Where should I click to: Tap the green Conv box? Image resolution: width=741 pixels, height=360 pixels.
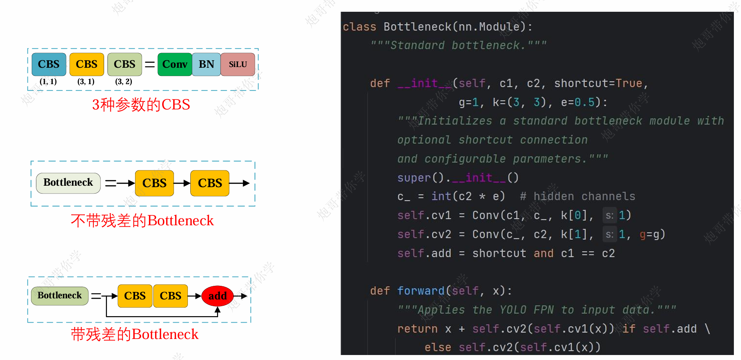pos(175,64)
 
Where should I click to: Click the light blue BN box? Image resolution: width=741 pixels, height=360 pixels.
pos(206,64)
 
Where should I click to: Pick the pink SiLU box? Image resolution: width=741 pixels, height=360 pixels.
pos(238,64)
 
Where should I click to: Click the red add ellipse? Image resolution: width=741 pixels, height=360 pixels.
pos(217,296)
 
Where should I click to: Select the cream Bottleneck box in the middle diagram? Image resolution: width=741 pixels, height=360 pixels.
pos(68,183)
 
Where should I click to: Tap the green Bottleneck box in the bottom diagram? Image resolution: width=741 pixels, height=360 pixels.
pos(60,296)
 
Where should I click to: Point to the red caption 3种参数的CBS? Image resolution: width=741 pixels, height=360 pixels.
pos(141,105)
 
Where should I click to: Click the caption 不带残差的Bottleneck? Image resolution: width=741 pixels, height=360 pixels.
pos(142,221)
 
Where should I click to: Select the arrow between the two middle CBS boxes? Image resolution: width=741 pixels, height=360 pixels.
pos(182,183)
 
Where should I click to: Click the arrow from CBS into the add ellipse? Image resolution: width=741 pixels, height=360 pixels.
pos(195,296)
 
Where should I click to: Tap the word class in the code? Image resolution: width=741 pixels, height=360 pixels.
pos(359,27)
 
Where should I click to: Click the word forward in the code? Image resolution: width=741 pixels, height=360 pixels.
pos(421,291)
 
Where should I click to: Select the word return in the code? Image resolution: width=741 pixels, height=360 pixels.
pos(417,329)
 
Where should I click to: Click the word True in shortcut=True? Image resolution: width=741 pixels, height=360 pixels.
pos(629,83)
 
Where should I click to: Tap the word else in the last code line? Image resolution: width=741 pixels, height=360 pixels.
pos(438,347)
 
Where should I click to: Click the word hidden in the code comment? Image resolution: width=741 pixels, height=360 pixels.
pos(554,196)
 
